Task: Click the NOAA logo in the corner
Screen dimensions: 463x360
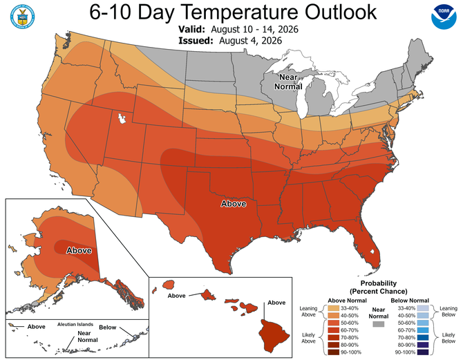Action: click(x=444, y=17)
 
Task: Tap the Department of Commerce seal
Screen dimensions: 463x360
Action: click(x=22, y=17)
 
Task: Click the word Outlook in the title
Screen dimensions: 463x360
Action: click(x=341, y=12)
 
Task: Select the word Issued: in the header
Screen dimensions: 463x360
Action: click(x=196, y=41)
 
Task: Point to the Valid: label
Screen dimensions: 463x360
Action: click(x=191, y=29)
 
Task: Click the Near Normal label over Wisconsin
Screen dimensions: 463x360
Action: click(x=288, y=82)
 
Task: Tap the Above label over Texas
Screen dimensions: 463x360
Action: click(x=234, y=204)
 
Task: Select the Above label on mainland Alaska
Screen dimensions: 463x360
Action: click(x=79, y=250)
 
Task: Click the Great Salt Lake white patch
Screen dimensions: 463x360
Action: click(x=122, y=119)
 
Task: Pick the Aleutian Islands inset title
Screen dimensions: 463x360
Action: click(x=75, y=324)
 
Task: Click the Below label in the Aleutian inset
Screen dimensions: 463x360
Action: click(x=108, y=328)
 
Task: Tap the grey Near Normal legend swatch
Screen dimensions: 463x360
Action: click(x=379, y=324)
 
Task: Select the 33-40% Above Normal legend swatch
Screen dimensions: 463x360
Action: click(x=333, y=308)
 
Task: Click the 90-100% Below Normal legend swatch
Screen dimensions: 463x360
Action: click(x=423, y=352)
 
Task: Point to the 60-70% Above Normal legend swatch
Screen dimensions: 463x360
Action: click(x=333, y=330)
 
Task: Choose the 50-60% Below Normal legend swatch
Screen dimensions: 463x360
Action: click(x=423, y=323)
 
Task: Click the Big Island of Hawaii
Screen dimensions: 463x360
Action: click(x=274, y=336)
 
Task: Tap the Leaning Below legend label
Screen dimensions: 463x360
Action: click(x=448, y=312)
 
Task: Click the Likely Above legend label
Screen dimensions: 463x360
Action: click(x=308, y=338)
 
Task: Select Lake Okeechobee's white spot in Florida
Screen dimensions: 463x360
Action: click(x=372, y=252)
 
